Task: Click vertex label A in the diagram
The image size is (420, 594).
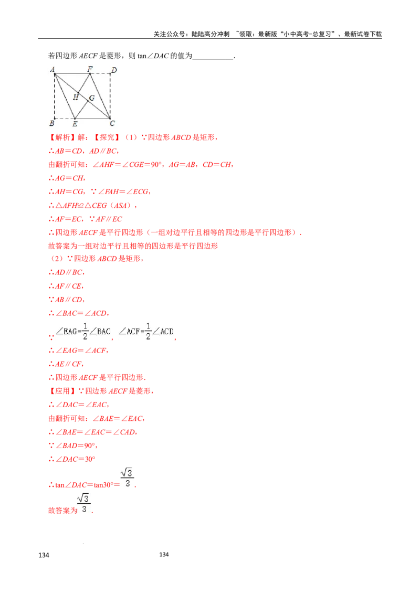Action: click(x=52, y=69)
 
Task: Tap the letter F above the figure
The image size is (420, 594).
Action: click(x=90, y=69)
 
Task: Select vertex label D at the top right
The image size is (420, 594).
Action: click(x=114, y=70)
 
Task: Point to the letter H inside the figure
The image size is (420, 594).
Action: click(x=76, y=97)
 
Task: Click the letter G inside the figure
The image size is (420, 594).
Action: click(x=92, y=98)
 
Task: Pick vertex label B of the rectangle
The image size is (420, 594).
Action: click(x=51, y=124)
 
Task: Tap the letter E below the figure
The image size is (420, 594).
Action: click(x=75, y=124)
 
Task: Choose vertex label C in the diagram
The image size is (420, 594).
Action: click(x=112, y=124)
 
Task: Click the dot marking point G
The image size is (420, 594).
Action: click(x=87, y=100)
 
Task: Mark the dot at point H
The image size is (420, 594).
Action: click(x=79, y=92)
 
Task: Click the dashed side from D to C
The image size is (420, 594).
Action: click(x=110, y=97)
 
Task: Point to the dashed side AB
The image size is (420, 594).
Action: click(x=55, y=97)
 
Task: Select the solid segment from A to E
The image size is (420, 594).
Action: click(x=65, y=97)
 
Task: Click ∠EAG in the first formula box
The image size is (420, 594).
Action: click(x=68, y=331)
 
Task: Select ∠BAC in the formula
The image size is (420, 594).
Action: click(x=100, y=331)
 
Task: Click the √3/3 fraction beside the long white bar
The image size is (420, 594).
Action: click(x=126, y=478)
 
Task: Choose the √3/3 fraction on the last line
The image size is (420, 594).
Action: click(x=84, y=503)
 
